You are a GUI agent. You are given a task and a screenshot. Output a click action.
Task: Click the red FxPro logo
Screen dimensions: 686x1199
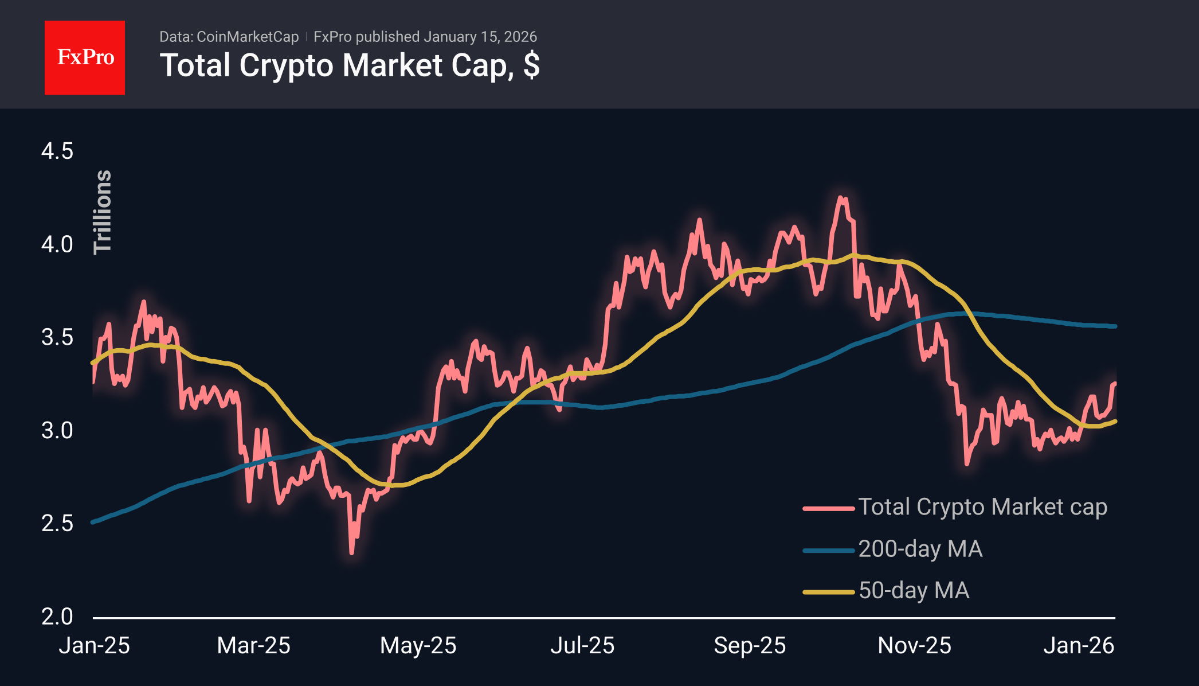point(85,57)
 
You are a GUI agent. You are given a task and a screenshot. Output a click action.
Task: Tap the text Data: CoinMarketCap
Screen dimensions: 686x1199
point(229,37)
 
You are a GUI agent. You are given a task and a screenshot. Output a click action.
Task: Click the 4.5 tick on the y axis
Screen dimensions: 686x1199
point(57,151)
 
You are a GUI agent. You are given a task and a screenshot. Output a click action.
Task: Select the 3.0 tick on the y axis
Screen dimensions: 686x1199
point(57,430)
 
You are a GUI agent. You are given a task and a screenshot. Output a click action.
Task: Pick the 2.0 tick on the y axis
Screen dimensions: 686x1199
point(57,617)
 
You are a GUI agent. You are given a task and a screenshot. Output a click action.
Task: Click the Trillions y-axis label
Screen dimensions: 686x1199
point(103,212)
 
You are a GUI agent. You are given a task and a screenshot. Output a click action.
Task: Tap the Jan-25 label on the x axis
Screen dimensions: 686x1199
point(95,646)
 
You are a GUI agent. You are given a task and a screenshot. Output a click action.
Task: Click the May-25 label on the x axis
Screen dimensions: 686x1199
point(418,646)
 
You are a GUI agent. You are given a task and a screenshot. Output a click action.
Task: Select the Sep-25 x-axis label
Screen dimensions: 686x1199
point(749,646)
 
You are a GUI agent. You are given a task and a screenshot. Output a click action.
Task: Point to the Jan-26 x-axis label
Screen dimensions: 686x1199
point(1078,646)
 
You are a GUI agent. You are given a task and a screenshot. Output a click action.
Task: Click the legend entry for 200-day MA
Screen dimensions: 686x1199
point(919,549)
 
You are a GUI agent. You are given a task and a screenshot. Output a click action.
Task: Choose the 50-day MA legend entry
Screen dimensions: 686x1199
point(914,591)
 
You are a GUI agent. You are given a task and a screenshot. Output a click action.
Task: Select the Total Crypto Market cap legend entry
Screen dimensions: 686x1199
point(982,507)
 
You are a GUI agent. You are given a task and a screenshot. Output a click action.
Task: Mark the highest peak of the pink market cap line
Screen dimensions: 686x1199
point(841,198)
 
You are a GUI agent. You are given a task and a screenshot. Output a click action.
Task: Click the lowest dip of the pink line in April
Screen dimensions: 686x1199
point(351,552)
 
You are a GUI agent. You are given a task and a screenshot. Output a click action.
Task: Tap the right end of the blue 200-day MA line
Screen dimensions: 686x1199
point(1115,326)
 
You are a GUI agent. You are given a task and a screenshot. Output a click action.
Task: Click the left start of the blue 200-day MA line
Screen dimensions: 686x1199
point(93,522)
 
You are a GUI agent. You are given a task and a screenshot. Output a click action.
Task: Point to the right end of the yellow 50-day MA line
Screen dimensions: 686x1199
point(1115,422)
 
